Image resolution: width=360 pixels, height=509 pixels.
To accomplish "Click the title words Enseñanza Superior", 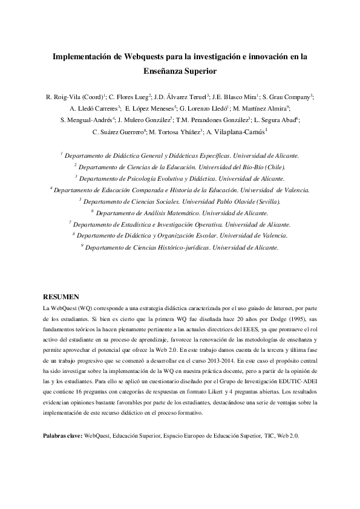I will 180,71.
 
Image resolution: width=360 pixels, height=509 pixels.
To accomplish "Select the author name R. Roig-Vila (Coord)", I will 75,97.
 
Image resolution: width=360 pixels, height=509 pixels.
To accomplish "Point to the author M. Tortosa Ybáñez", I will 175,132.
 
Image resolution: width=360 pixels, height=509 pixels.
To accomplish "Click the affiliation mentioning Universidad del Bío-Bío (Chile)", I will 180,166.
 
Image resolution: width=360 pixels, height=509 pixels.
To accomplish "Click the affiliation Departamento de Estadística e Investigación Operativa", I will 180,224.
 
